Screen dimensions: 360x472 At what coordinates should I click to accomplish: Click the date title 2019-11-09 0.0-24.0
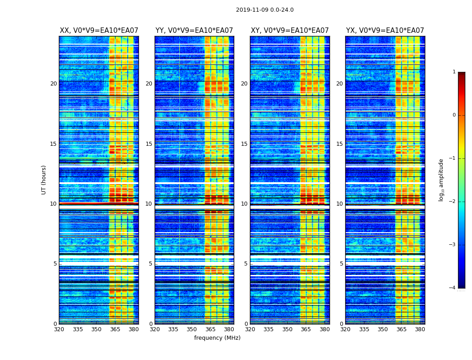265,10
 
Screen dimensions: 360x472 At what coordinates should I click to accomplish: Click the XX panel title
99,31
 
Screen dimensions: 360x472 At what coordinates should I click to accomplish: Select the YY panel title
194,31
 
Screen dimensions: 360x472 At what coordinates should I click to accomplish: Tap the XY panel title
289,31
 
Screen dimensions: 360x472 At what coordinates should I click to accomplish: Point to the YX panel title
385,31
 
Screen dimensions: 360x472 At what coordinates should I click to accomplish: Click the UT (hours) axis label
44,180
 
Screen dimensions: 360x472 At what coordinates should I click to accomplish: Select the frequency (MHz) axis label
217,338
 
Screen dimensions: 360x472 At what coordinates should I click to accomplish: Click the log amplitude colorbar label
441,180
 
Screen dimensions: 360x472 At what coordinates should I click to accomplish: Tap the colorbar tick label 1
454,72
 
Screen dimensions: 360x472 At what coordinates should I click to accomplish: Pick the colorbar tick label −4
453,288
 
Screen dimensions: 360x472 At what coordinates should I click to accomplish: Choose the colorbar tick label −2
453,202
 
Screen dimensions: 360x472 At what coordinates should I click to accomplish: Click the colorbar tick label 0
454,115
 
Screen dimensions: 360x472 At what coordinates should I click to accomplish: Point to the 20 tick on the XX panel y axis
53,84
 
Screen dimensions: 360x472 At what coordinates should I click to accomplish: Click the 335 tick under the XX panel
78,329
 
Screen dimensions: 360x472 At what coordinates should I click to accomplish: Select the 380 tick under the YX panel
420,329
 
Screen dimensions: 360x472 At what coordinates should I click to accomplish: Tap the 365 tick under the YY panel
210,329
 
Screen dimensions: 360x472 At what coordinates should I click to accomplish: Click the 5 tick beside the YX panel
341,264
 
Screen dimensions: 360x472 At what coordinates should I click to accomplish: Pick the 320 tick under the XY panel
250,329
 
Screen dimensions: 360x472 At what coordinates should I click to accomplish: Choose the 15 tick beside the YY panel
149,144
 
